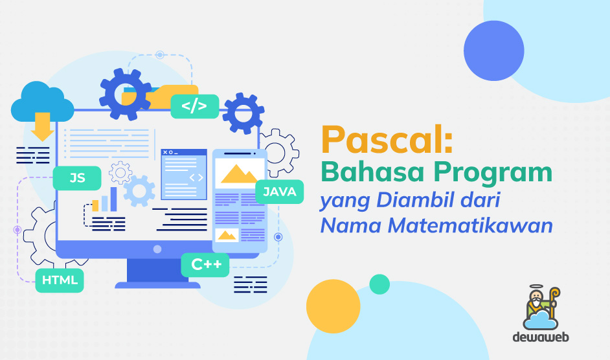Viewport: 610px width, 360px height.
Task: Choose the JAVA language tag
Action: point(280,192)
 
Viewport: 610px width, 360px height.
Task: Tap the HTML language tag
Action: point(60,280)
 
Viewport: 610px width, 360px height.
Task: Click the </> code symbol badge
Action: point(194,106)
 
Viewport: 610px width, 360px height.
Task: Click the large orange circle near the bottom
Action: point(333,308)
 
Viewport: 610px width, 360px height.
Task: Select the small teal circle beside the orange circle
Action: point(379,284)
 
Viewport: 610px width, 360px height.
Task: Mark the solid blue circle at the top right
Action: point(494,51)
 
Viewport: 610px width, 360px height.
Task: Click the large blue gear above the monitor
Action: point(125,95)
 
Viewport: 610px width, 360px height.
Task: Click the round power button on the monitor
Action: point(157,249)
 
